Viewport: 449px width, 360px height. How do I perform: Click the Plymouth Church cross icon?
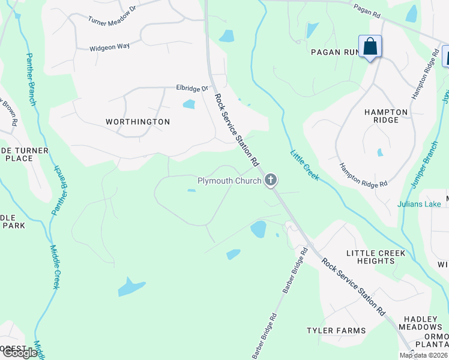point(271,179)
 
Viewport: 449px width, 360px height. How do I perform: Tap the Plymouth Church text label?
point(230,181)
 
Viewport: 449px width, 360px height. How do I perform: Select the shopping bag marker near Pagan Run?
point(370,46)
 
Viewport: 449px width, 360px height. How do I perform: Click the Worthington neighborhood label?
point(137,122)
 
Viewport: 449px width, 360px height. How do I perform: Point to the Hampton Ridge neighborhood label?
point(386,116)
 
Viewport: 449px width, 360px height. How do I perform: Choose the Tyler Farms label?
point(336,331)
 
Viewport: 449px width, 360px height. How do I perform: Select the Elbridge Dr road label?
point(191,88)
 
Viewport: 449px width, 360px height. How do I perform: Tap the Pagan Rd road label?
point(367,10)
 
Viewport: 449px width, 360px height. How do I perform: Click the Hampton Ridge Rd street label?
point(363,175)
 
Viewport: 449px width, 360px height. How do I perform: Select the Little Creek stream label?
point(304,166)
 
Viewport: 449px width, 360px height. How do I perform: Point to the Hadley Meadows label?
point(423,323)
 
